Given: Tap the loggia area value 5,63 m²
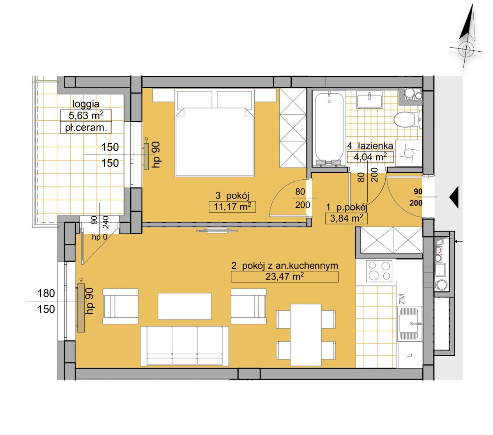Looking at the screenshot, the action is pos(86,115).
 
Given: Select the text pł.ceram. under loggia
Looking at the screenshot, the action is pos(86,128).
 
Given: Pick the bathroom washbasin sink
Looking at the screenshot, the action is pos(369,99).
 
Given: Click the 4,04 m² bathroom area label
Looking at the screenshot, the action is pos(370,157).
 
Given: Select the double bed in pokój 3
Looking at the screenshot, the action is pos(214,133).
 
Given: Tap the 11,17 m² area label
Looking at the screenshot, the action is pos(233,207).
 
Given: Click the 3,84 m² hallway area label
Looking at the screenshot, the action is pos(346,218).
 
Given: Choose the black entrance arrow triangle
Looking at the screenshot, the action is pos(454,197).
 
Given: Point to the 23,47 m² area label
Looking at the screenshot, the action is pos(284,277).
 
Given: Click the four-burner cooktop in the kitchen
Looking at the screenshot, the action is pos(379,271).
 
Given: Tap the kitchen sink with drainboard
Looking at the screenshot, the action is pos(409,324).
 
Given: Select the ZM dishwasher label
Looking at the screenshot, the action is pos(402,299).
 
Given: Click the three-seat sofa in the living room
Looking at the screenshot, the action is pos(184,346).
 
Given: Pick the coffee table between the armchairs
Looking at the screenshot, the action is pos(184,307).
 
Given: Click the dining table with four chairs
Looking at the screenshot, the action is pos(306,335).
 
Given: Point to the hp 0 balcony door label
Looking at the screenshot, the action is pos(99,237).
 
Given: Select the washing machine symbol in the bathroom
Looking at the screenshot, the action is pos(408,153).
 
